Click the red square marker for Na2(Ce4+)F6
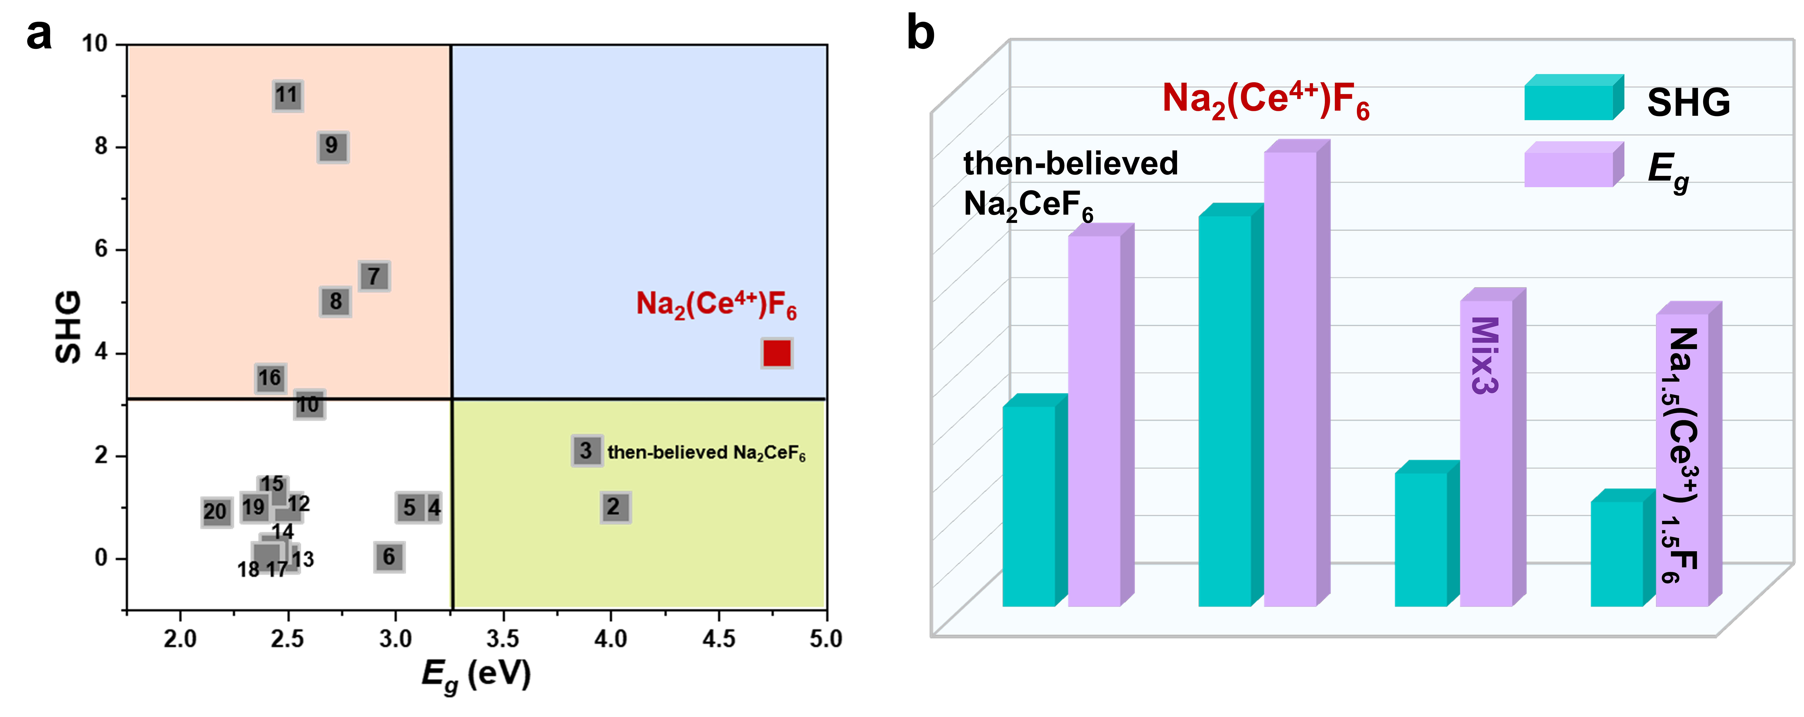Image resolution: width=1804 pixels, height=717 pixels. point(777,353)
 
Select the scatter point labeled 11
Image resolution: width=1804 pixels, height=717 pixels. point(287,95)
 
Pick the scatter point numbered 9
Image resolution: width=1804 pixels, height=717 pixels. point(333,147)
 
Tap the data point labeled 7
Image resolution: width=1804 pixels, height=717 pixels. point(375,276)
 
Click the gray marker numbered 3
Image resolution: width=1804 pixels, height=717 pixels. point(586,451)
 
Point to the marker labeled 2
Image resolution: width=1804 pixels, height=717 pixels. point(615,507)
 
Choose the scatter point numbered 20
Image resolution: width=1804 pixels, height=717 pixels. point(216,512)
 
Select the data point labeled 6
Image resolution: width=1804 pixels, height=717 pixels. point(389,557)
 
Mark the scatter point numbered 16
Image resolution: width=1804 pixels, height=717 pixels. point(270,379)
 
